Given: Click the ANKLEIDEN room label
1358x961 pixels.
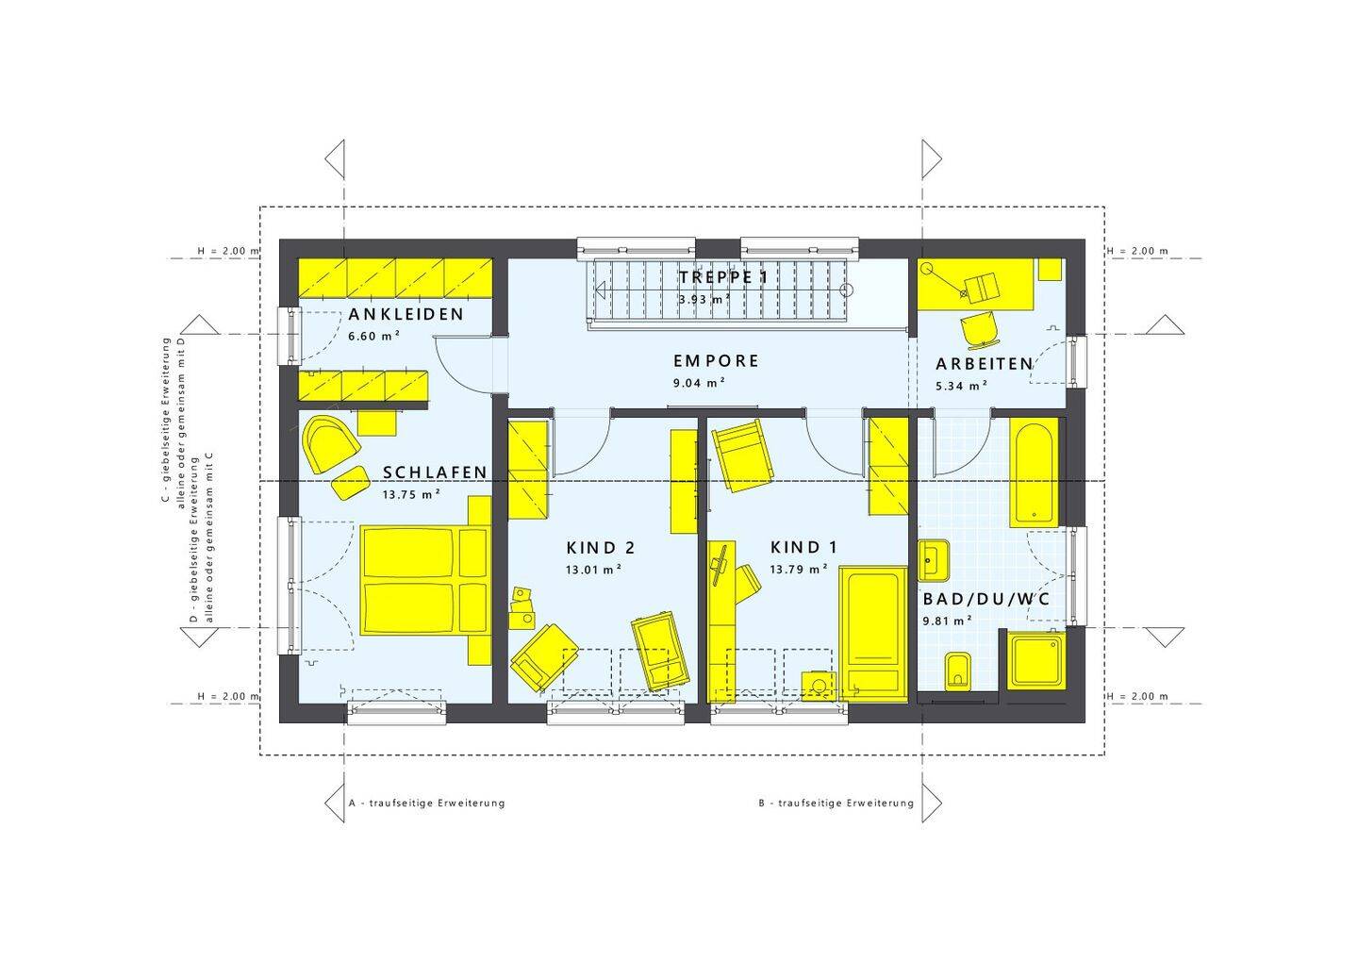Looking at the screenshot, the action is [x=406, y=314].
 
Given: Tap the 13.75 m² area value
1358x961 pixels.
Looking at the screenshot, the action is [x=411, y=494].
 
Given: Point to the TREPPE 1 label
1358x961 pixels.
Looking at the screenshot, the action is [x=723, y=277].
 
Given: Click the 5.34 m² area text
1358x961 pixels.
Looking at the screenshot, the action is [x=962, y=386].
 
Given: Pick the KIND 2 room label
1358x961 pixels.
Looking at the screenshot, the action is [x=600, y=548].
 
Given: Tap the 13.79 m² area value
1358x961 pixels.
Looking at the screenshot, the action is [x=799, y=570].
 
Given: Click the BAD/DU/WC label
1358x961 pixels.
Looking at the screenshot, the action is [x=986, y=599].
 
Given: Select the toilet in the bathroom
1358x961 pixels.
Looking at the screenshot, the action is [x=958, y=671].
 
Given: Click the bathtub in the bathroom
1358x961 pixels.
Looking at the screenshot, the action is [x=1034, y=472].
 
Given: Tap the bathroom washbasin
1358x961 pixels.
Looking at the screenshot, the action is [x=933, y=560].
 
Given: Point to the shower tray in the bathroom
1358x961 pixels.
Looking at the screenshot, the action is [x=1036, y=661].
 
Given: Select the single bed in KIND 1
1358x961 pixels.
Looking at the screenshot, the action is [x=873, y=634].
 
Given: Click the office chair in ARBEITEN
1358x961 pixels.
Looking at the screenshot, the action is [x=979, y=330].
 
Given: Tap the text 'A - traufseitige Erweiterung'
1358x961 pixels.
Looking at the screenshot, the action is [x=426, y=803].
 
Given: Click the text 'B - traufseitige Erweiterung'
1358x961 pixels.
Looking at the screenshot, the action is [x=836, y=803].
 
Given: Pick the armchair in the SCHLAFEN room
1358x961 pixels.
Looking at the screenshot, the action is [x=329, y=444].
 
